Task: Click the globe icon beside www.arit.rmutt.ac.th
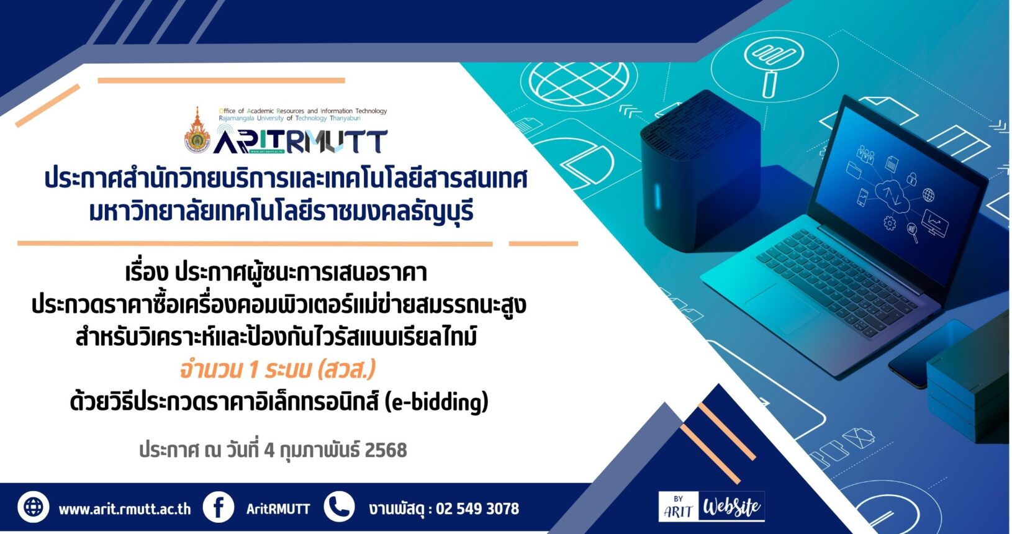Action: coord(34,507)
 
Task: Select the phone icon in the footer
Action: coord(339,507)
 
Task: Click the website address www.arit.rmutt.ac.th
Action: coord(125,509)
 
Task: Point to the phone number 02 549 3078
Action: coord(477,509)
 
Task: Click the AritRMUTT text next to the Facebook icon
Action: coord(278,509)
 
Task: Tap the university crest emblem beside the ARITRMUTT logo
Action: coord(197,130)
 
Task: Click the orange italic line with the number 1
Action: coord(278,369)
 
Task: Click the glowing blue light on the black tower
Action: coord(657,196)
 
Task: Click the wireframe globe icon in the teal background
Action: coord(579,83)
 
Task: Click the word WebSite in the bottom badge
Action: coord(731,507)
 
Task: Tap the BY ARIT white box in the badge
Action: coord(679,507)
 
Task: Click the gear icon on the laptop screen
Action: coord(890,223)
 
